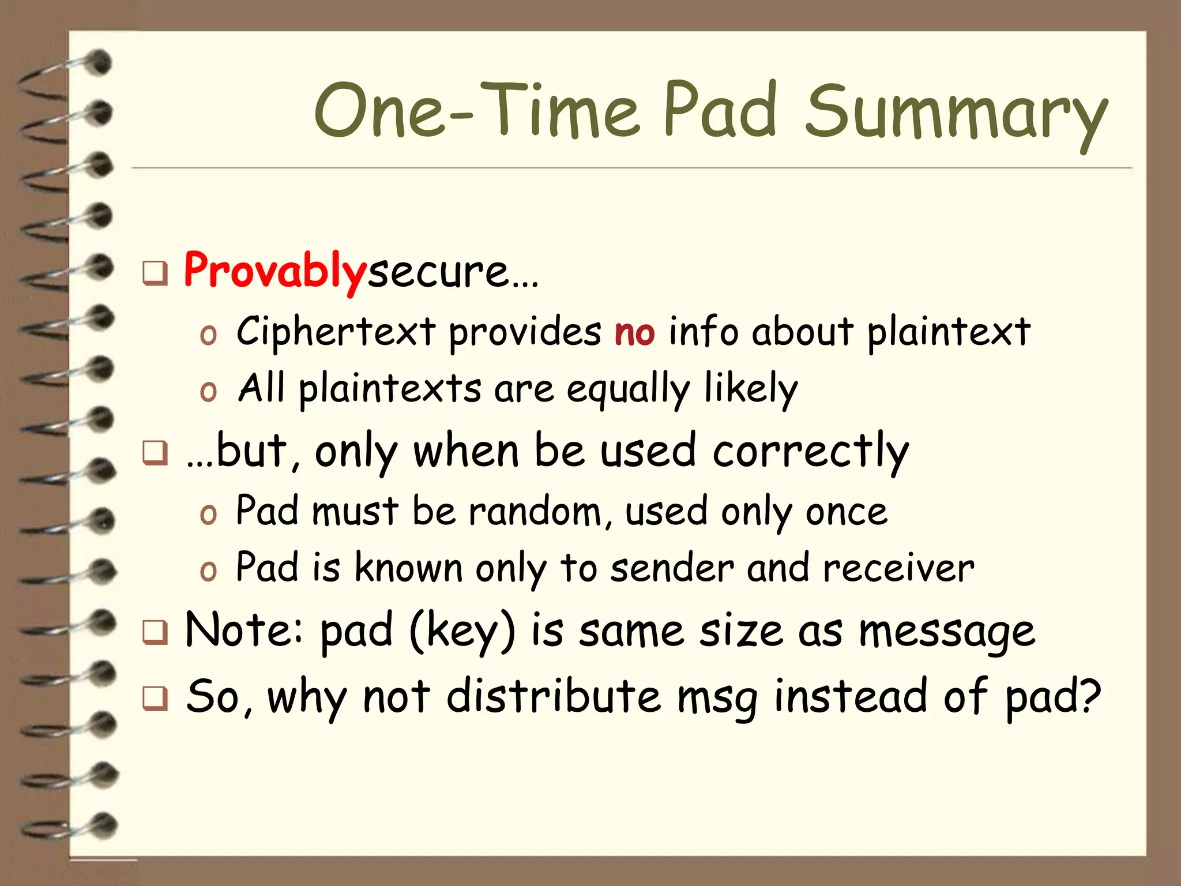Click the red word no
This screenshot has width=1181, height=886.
click(x=634, y=333)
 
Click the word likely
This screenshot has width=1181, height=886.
click(x=751, y=389)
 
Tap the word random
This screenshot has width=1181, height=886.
click(x=535, y=512)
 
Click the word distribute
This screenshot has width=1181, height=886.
click(x=554, y=696)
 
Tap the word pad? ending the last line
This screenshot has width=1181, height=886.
click(x=1052, y=697)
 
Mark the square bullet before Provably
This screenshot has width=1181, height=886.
click(x=155, y=273)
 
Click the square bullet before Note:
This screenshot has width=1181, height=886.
click(x=155, y=633)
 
